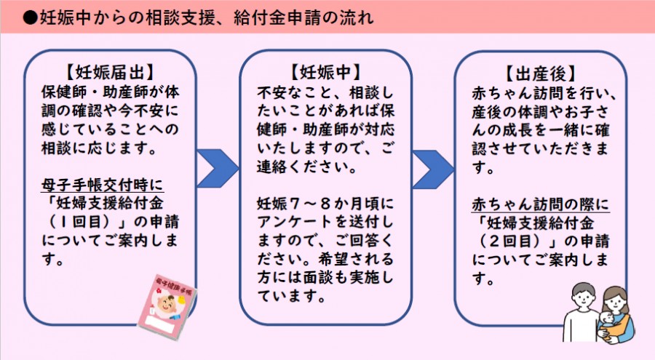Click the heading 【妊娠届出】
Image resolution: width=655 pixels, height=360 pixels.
coord(111,72)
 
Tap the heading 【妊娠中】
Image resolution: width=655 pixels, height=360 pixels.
coord(326,72)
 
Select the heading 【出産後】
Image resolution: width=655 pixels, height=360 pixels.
coord(541,74)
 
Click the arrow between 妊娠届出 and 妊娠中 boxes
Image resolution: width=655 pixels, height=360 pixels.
coord(217,169)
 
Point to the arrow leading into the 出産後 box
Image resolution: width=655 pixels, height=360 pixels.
coord(433,169)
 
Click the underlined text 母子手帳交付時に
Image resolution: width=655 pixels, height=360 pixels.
coord(103,185)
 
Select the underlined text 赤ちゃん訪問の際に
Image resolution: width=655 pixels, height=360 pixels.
coord(541,204)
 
